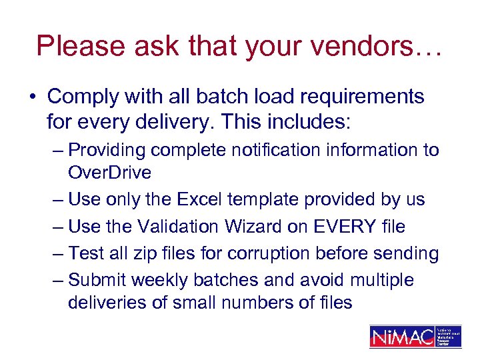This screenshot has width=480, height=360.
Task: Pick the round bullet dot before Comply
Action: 32,97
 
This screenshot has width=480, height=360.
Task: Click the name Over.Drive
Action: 109,173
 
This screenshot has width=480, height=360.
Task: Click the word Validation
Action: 178,227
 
